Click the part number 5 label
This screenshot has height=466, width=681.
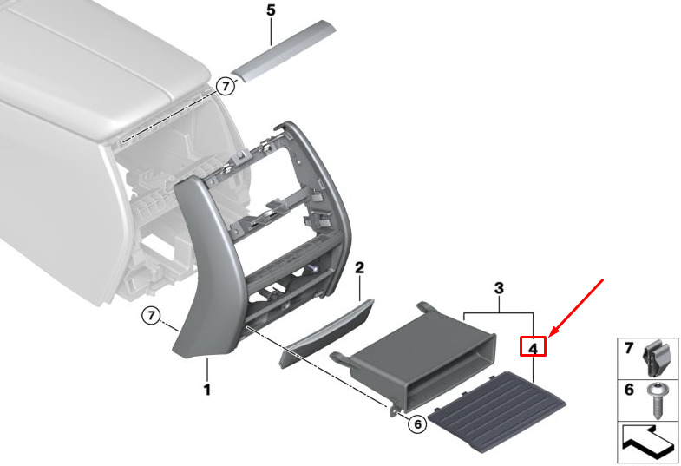click(x=271, y=10)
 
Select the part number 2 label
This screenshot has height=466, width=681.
click(x=360, y=268)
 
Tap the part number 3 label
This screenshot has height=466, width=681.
click(x=499, y=288)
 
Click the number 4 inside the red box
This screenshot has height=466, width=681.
click(x=533, y=348)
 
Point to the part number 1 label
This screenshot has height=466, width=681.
click(x=207, y=390)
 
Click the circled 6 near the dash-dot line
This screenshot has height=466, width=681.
click(x=417, y=423)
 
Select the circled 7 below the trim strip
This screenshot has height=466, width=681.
click(x=226, y=87)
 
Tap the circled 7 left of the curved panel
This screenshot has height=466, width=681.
click(x=151, y=314)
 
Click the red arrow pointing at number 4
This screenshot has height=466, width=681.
click(x=576, y=308)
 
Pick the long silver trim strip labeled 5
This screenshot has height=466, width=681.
click(x=284, y=50)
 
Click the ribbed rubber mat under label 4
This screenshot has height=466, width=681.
click(x=497, y=411)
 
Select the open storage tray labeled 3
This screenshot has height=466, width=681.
click(x=415, y=356)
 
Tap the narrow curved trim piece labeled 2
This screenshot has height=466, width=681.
click(x=326, y=332)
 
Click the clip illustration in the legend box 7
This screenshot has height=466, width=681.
click(x=658, y=358)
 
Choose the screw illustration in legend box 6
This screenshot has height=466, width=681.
click(x=658, y=400)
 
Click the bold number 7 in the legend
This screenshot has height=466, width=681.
click(x=629, y=348)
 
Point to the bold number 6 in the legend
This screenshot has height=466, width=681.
click(x=629, y=390)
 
